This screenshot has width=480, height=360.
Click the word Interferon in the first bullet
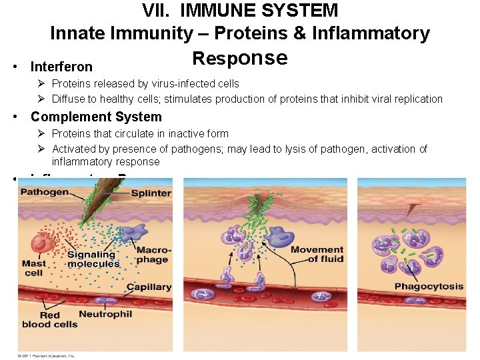61,67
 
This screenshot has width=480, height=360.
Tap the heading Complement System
96,117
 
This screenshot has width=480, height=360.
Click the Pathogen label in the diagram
45,192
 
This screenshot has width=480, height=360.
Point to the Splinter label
151,193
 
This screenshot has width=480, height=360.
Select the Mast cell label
33,268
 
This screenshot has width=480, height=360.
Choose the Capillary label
150,287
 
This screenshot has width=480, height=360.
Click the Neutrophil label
105,314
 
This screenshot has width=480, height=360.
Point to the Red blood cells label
49,320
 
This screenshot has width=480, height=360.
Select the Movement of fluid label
317,254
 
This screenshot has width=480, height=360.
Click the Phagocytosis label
429,287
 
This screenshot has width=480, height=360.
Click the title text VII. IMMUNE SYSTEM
240,11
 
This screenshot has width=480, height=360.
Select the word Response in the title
240,58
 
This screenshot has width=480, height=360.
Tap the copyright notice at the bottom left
47,355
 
